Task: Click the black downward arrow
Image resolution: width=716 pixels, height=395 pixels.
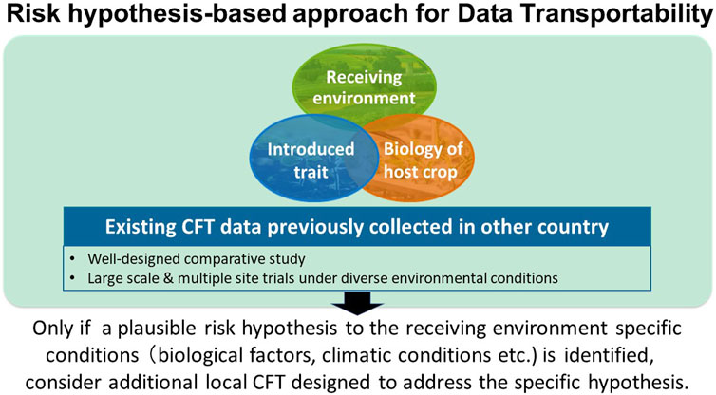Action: point(358,303)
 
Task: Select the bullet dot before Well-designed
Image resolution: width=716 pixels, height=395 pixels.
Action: point(72,259)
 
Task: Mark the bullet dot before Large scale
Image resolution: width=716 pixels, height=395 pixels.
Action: point(72,278)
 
